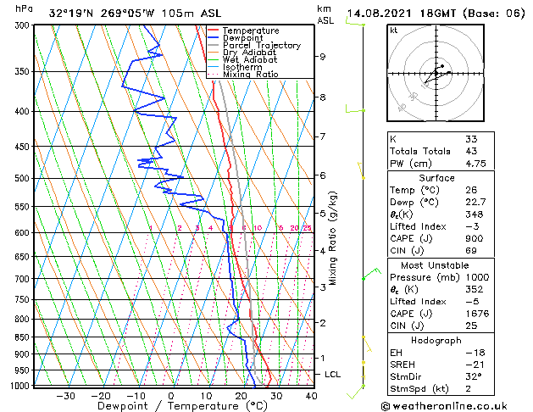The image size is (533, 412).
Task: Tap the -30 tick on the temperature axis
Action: click(x=65, y=395)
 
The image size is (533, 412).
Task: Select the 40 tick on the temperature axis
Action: click(x=310, y=395)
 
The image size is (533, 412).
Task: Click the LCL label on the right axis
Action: click(x=334, y=374)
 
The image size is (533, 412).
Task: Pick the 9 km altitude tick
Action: click(x=322, y=57)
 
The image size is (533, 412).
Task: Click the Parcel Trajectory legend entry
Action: click(x=261, y=45)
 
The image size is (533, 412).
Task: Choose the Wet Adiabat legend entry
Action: click(x=250, y=59)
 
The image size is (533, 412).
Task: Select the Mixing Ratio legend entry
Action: click(x=251, y=74)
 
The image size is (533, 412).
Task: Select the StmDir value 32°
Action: click(x=473, y=377)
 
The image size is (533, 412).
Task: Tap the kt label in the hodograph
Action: click(x=394, y=30)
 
